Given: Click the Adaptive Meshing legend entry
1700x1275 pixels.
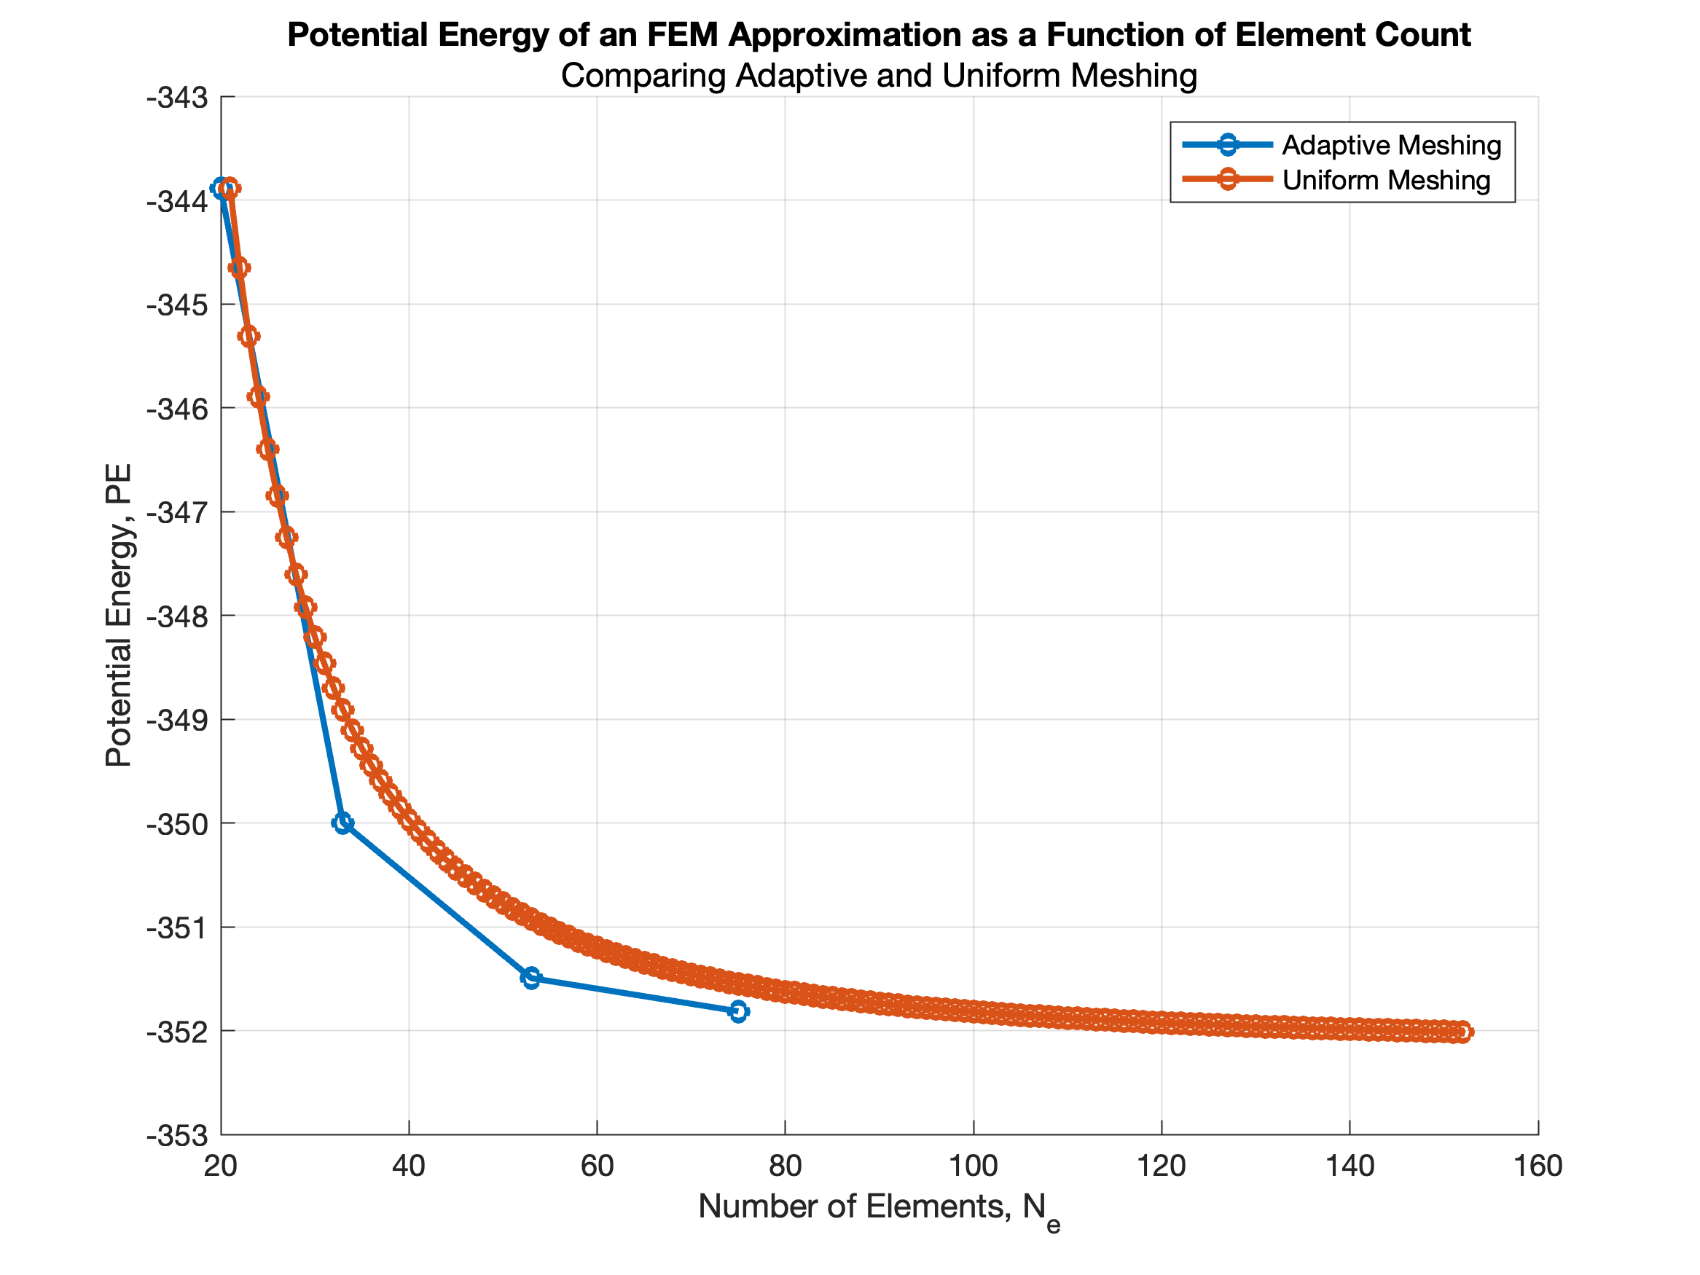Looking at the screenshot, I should coord(1390,144).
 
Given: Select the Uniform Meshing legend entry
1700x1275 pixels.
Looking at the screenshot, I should coord(1386,180).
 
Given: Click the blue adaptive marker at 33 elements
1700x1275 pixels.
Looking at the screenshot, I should coord(342,823).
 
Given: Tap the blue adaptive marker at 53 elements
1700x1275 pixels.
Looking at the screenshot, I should coord(531,978).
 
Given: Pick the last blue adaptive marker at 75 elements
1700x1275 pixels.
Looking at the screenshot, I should coord(738,1011).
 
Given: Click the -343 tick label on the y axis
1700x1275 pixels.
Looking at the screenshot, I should coord(177,98).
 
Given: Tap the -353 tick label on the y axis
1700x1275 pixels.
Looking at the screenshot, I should coord(177,1136).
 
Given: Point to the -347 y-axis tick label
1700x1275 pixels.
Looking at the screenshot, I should coord(177,514).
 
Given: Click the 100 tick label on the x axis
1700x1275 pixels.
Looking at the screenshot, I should coord(973,1166).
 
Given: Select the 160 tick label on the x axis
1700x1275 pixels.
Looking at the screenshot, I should coord(1537,1166).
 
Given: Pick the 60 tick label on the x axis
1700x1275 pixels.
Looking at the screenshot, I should coord(598,1166).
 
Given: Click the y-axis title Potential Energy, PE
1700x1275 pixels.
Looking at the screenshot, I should coord(118,615).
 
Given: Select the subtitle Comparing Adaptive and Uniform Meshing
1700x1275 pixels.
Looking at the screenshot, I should coord(879,76).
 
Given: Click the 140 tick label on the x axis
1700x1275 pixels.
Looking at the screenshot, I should coord(1350,1166).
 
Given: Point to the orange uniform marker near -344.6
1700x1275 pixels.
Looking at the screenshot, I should coord(239,267).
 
